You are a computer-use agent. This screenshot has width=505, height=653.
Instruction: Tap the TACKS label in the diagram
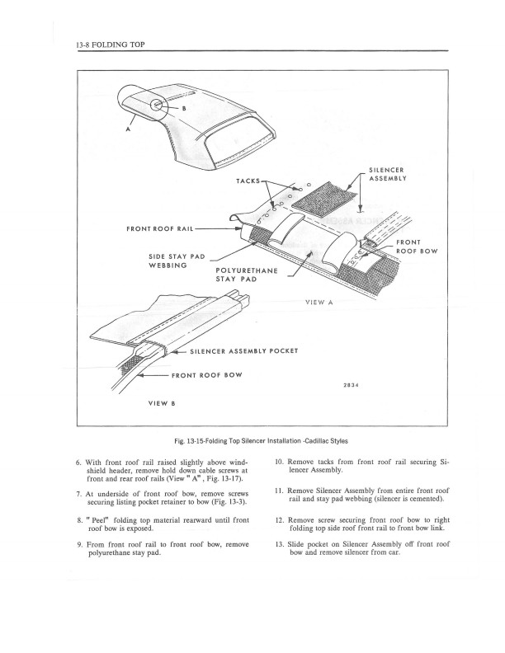(246, 181)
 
